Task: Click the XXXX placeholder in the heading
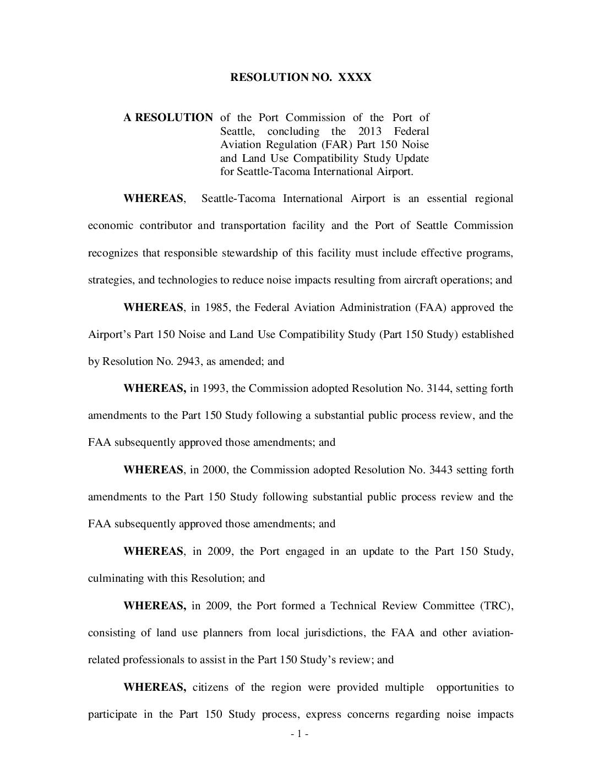pyautogui.click(x=355, y=77)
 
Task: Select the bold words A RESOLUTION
pyautogui.click(x=168, y=117)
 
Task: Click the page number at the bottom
pyautogui.click(x=299, y=734)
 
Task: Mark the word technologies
pyautogui.click(x=188, y=280)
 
